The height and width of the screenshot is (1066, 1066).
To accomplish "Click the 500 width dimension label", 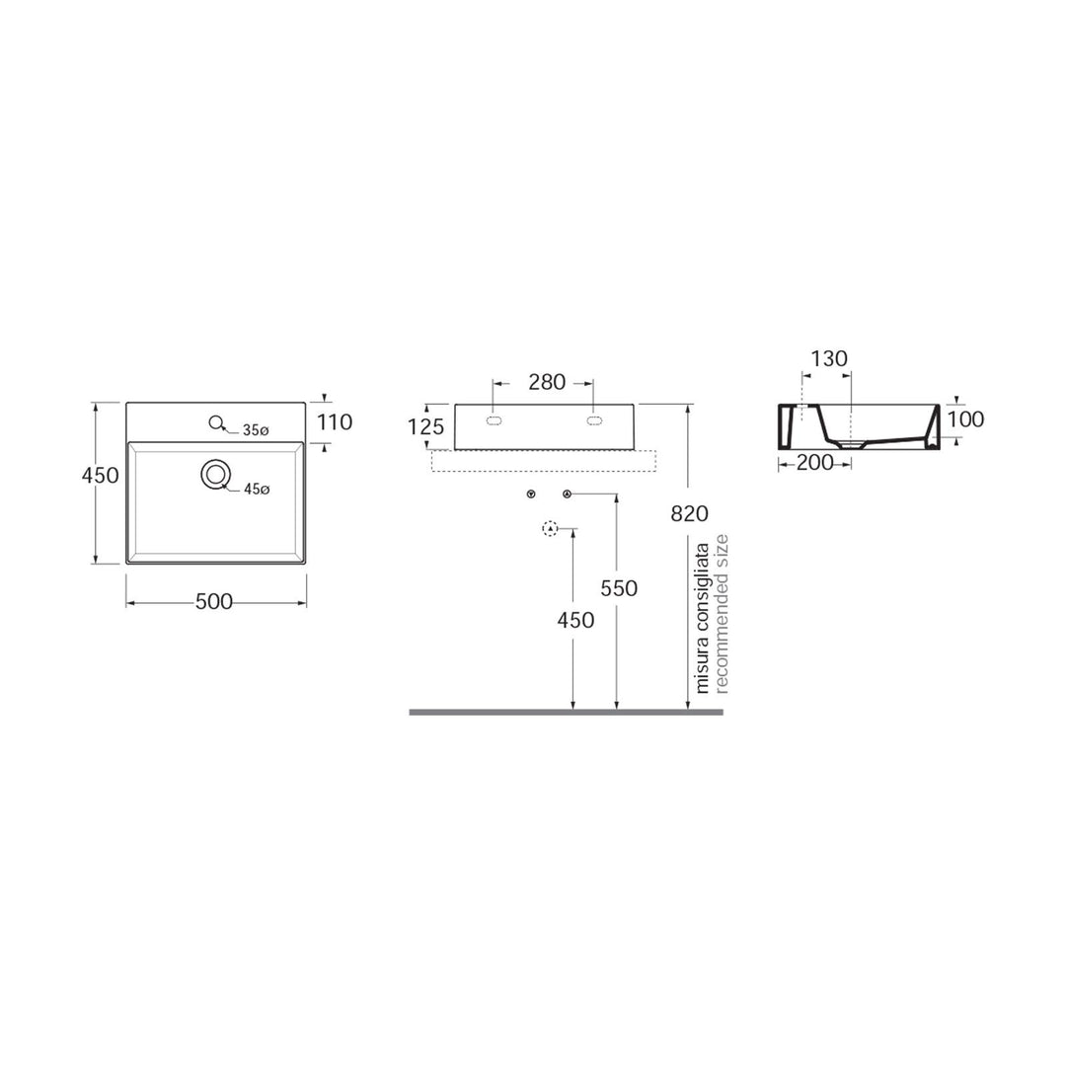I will [x=214, y=602].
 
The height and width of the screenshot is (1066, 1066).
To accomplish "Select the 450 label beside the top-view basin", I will [x=100, y=475].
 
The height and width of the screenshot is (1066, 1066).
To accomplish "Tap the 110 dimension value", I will [x=335, y=422].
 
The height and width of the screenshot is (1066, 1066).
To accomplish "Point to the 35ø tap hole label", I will [x=257, y=429].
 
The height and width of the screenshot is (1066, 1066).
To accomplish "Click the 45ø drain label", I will [x=257, y=489].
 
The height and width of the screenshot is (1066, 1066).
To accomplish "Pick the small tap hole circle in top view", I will [x=216, y=423].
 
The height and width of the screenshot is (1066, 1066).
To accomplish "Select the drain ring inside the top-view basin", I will [x=214, y=475].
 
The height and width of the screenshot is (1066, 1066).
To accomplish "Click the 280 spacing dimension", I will [x=547, y=383].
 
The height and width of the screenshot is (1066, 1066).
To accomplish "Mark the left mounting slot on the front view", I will [x=495, y=421].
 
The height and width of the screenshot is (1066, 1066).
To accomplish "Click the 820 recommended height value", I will [x=690, y=513].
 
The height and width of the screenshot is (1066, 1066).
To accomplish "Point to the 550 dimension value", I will [x=619, y=588].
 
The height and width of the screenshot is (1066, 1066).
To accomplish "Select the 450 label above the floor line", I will [x=575, y=620].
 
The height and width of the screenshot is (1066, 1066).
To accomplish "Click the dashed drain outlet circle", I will [x=551, y=529].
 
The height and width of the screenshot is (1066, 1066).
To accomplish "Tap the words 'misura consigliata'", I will [x=703, y=617].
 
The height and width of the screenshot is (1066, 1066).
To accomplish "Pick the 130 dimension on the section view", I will [x=829, y=358].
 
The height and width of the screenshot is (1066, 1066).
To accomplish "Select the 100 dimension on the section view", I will [x=964, y=419].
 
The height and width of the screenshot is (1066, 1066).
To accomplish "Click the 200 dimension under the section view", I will [x=814, y=462].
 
